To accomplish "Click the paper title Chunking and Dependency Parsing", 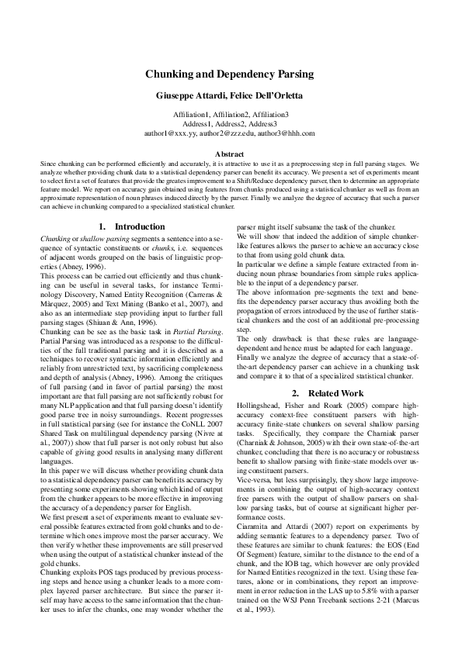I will pyautogui.click(x=230, y=74).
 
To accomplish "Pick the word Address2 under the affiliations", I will pyautogui.click(x=230, y=123).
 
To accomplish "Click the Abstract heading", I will pyautogui.click(x=230, y=154).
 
